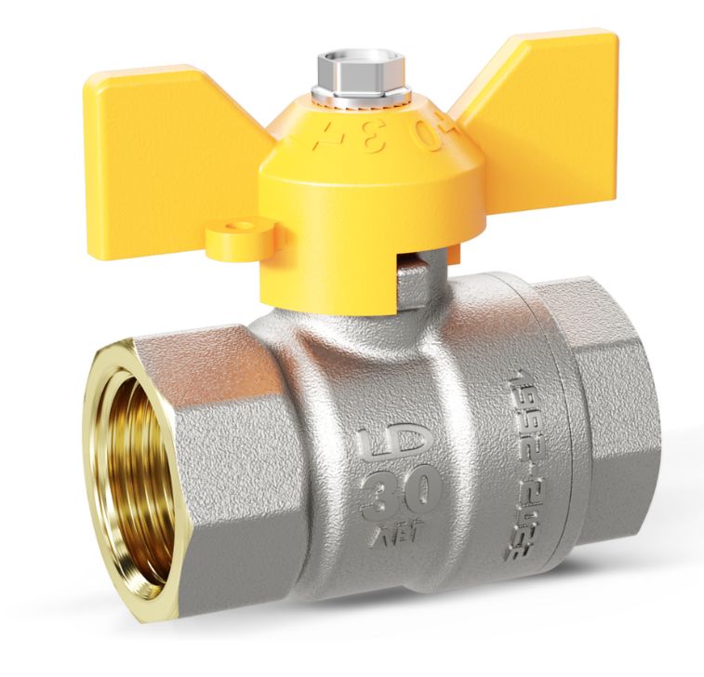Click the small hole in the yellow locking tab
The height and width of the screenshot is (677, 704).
coord(246,225)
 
